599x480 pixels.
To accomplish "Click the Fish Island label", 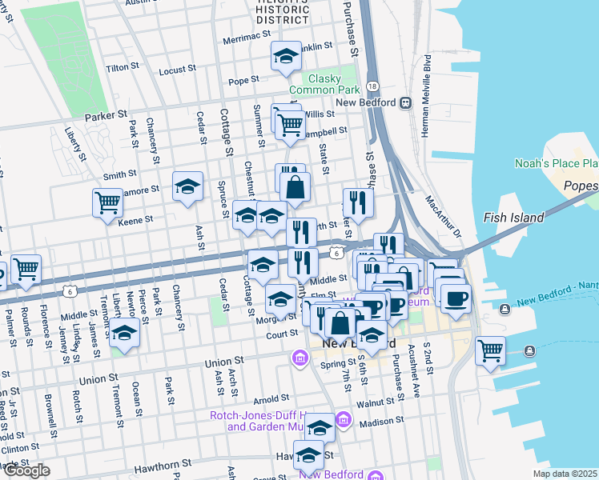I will [x=513, y=217].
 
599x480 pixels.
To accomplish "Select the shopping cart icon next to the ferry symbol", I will [x=489, y=350].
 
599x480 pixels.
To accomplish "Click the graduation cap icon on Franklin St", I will [x=286, y=56].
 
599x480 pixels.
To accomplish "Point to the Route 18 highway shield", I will [x=373, y=86].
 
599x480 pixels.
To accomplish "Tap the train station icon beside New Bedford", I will [x=406, y=102].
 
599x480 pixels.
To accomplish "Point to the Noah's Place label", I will [x=557, y=163].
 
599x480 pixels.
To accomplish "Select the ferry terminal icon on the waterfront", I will [x=529, y=350].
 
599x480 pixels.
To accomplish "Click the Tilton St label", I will [x=123, y=68].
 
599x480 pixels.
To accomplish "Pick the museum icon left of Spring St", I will [x=300, y=357].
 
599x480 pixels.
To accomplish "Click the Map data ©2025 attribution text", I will [x=565, y=474].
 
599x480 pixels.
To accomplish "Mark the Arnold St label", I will [x=271, y=398].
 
